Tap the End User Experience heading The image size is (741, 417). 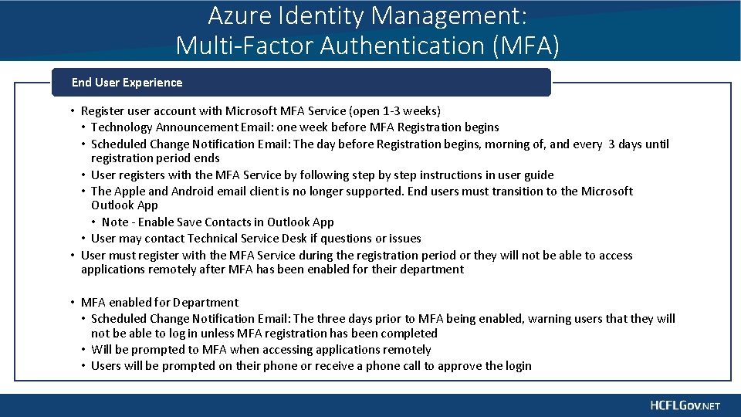tap(127, 83)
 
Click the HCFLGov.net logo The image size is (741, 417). tap(685, 405)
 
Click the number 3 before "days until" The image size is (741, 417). tap(611, 144)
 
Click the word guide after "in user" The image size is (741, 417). tap(538, 175)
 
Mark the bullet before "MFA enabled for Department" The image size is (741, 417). tap(71, 303)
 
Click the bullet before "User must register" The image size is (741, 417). tap(71, 256)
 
